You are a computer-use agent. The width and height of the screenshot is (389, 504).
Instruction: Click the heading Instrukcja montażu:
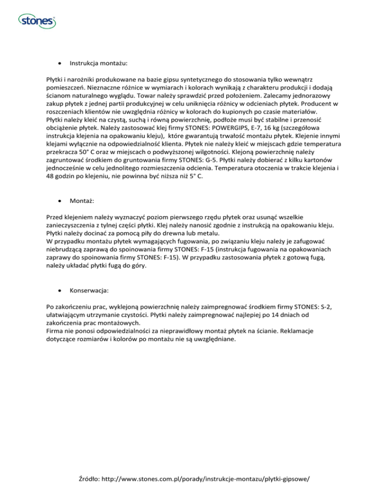[x=98, y=64]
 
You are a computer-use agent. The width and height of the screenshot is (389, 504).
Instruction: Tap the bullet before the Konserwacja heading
[x=60, y=292]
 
